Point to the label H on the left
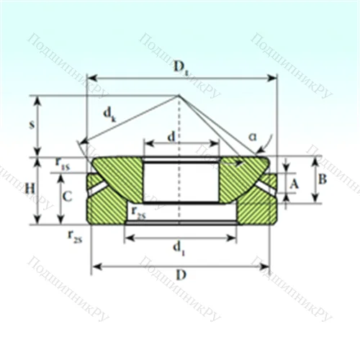[x=30, y=189]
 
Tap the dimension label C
[x=66, y=196]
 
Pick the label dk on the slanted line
[x=109, y=113]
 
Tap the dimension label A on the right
[x=294, y=184]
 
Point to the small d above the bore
[x=171, y=136]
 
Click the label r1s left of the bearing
[x=63, y=163]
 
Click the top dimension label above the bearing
[x=180, y=68]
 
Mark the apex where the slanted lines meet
[x=179, y=96]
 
